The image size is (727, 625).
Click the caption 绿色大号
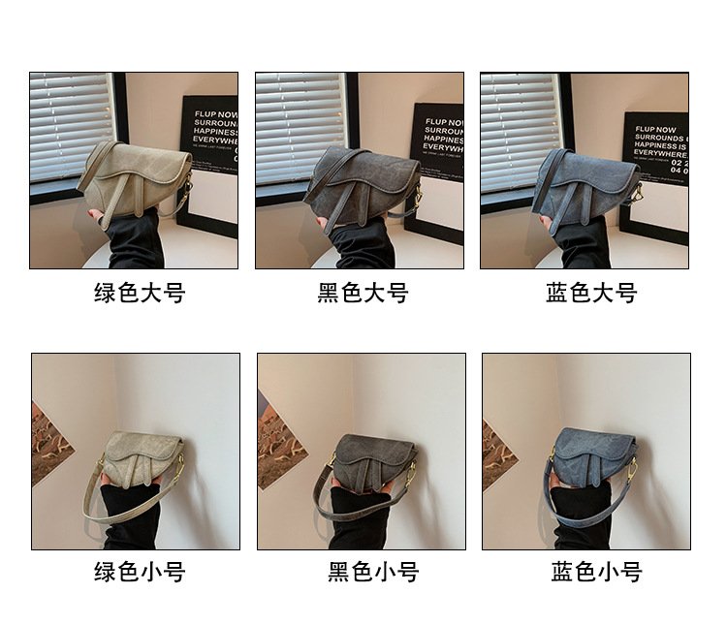[139, 293]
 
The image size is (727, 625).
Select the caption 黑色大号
[363, 293]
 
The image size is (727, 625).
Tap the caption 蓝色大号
[590, 293]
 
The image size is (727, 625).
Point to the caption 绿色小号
[139, 572]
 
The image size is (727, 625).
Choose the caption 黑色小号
[372, 572]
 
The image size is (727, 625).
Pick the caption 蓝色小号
[596, 572]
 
